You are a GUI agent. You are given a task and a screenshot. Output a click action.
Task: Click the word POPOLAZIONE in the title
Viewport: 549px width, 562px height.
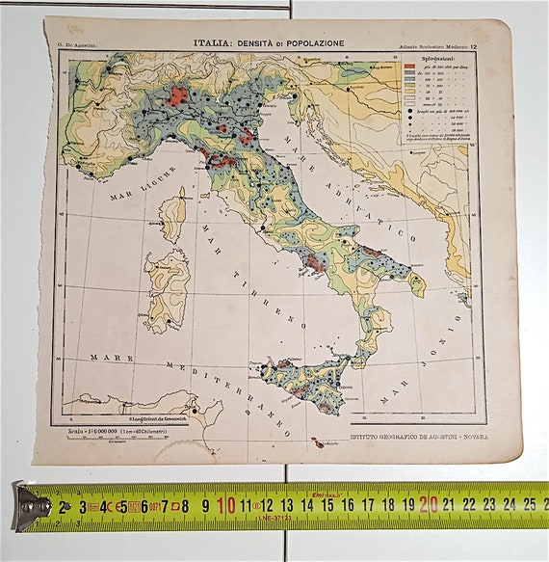(311, 43)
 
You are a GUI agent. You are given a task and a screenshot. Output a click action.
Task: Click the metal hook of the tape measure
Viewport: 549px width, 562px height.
(29, 506)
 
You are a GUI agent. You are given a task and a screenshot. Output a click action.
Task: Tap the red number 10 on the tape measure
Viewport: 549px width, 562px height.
(226, 504)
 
